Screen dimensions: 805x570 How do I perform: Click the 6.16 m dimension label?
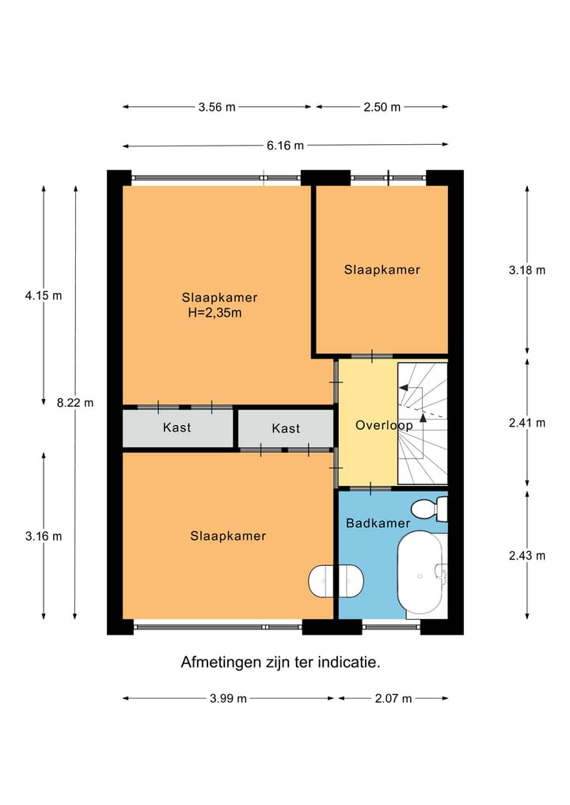pyautogui.click(x=285, y=145)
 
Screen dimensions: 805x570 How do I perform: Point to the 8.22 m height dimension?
pyautogui.click(x=75, y=402)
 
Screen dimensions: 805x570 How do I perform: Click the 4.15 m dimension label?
pyautogui.click(x=44, y=295)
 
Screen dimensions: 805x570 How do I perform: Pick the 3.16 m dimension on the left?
pyautogui.click(x=44, y=536)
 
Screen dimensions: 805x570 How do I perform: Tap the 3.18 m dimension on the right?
pyautogui.click(x=527, y=270)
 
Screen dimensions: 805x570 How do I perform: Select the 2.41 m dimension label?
pyautogui.click(x=527, y=423)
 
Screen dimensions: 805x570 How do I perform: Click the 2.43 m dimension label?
pyautogui.click(x=527, y=555)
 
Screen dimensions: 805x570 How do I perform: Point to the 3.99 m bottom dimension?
pyautogui.click(x=228, y=698)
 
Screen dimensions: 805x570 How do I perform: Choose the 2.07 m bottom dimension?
pyautogui.click(x=393, y=698)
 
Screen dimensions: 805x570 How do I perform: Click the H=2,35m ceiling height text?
pyautogui.click(x=211, y=313)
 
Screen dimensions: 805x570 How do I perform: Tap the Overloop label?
pyautogui.click(x=384, y=425)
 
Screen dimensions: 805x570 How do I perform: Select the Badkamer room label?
pyautogui.click(x=378, y=523)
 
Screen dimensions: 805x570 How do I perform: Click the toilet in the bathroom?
pyautogui.click(x=432, y=508)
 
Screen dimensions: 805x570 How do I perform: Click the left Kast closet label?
pyautogui.click(x=177, y=427)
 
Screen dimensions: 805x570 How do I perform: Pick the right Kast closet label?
pyautogui.click(x=286, y=428)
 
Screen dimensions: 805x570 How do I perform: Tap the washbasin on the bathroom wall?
pyautogui.click(x=335, y=582)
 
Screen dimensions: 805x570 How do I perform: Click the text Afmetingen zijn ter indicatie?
pyautogui.click(x=281, y=662)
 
